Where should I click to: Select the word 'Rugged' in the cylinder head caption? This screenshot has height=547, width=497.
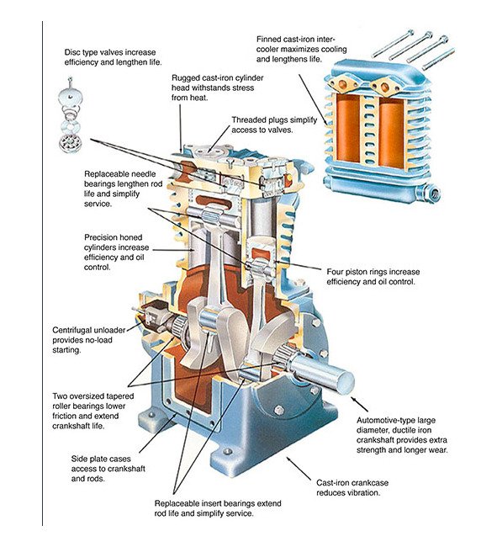coord(185,77)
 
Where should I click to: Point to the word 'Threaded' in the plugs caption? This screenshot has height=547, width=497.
coord(248,120)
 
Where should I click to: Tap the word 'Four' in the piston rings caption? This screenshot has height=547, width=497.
coord(335,272)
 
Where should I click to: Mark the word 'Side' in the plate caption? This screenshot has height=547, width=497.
coord(79,459)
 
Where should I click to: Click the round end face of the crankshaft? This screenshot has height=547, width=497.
coord(346,382)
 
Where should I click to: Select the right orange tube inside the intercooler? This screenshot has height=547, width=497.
coord(391,132)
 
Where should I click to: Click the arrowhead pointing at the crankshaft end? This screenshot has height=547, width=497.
coord(353,399)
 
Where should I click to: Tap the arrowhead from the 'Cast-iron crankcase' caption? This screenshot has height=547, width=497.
coord(289,459)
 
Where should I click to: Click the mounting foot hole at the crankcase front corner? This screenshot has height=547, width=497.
coord(228,451)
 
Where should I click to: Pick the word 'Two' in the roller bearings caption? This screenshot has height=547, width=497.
coord(60,396)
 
